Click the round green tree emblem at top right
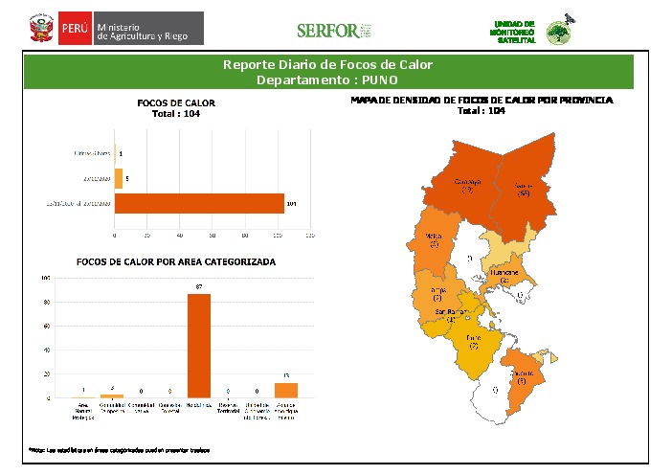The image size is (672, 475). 557,34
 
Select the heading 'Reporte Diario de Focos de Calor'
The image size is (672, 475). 327,65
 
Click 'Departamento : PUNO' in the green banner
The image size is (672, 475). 327,79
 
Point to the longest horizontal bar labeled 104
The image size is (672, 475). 199,203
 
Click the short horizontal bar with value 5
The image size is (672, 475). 119,177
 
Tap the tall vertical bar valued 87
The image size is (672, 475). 199,345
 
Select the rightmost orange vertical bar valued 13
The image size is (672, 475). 286,390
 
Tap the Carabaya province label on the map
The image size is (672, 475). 467,185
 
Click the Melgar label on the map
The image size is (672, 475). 434,239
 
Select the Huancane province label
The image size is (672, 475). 504,276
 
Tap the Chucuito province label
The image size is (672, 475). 522,375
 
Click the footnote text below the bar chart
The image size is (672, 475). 119,448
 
